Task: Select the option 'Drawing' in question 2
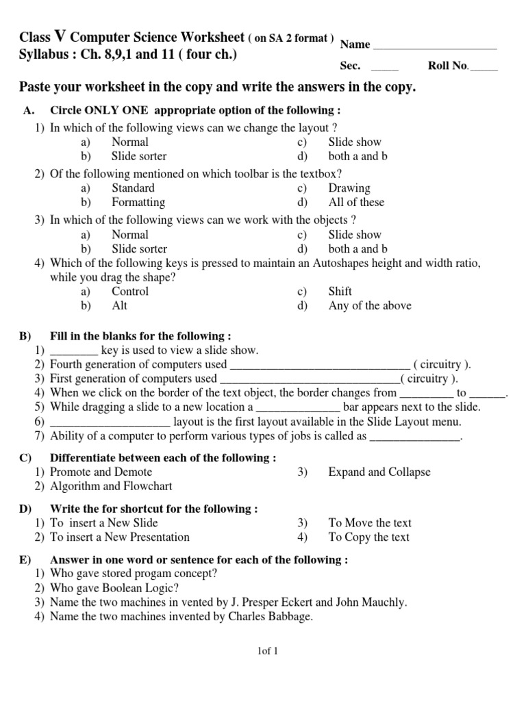[x=349, y=188]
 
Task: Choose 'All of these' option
[x=356, y=203]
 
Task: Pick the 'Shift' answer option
[x=340, y=292]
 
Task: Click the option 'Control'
[x=130, y=292]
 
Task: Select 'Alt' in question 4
[x=120, y=306]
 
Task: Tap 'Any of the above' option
[x=370, y=306]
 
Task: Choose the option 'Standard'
[x=133, y=188]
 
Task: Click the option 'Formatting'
[x=138, y=203]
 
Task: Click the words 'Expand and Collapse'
[x=379, y=472]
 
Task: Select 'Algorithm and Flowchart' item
[x=111, y=487]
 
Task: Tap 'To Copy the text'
[x=369, y=537]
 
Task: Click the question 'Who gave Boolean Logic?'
[x=114, y=588]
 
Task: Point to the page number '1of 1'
[x=264, y=651]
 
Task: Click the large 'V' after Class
[x=60, y=36]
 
